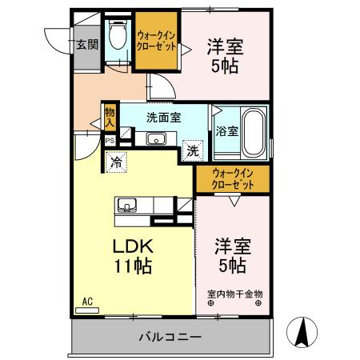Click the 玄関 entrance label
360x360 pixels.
(86, 45)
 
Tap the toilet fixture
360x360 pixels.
(118, 35)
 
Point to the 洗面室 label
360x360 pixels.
(163, 117)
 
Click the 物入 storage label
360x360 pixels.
(110, 118)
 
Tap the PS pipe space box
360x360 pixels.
(110, 140)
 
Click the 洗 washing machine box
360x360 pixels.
(192, 149)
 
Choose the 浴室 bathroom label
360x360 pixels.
(226, 131)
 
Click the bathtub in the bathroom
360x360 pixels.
(254, 131)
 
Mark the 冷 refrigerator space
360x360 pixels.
(117, 162)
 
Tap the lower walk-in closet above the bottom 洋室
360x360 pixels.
(234, 179)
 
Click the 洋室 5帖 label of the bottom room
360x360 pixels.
(230, 254)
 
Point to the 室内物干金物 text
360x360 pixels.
(234, 294)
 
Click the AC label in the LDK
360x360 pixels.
(87, 302)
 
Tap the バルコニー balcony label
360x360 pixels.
(172, 337)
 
